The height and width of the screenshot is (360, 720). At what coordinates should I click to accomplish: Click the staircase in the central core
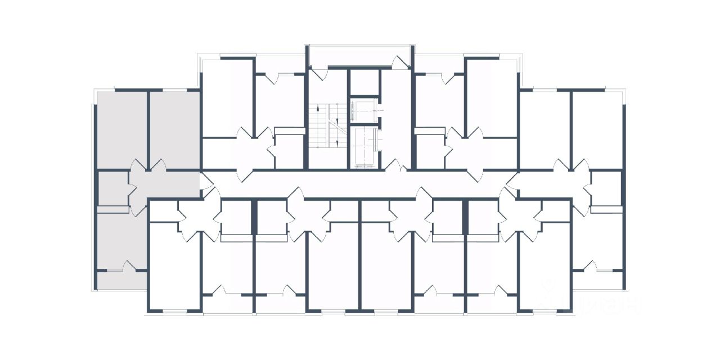pyautogui.click(x=327, y=126)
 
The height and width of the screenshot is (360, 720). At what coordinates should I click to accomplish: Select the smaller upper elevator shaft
pyautogui.click(x=364, y=110)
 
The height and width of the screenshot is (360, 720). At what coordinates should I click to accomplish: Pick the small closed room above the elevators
pyautogui.click(x=364, y=82)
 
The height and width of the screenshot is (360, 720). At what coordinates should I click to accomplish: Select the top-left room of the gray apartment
pyautogui.click(x=122, y=129)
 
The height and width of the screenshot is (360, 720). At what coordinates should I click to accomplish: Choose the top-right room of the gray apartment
pyautogui.click(x=175, y=129)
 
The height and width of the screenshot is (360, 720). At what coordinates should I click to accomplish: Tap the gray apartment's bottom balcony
pyautogui.click(x=121, y=280)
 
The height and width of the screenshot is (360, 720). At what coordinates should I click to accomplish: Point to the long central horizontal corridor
pyautogui.click(x=360, y=183)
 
